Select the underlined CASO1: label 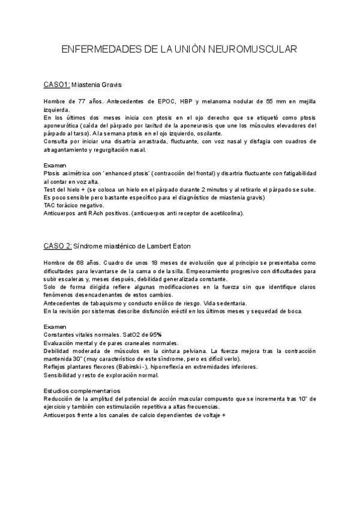point(57,84)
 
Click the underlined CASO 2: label point(58,246)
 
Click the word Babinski point(133,366)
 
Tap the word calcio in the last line point(143,415)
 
